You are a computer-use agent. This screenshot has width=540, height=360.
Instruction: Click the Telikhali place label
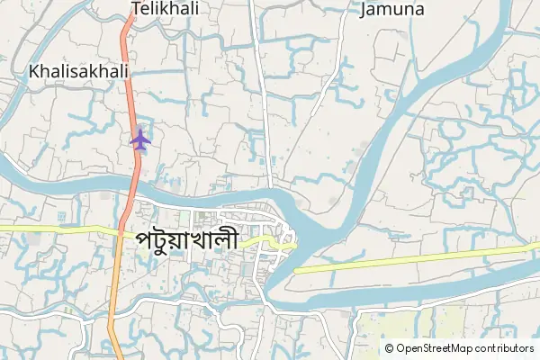point(164,9)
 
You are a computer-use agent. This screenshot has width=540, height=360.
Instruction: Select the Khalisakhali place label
point(78,69)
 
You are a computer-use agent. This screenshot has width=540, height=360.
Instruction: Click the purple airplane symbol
point(139,139)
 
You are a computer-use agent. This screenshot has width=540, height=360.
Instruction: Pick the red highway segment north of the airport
point(129,72)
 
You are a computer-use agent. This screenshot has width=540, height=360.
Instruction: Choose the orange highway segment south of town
point(111,306)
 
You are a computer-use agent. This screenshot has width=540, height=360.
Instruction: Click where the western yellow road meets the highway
point(120,229)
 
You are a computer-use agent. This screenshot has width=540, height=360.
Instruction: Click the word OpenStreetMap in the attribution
point(436,348)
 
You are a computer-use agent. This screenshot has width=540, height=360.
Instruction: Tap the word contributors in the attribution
point(504,348)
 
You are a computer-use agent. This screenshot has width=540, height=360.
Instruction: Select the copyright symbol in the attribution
point(389,348)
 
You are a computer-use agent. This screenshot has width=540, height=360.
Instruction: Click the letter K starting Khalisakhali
point(34,69)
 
